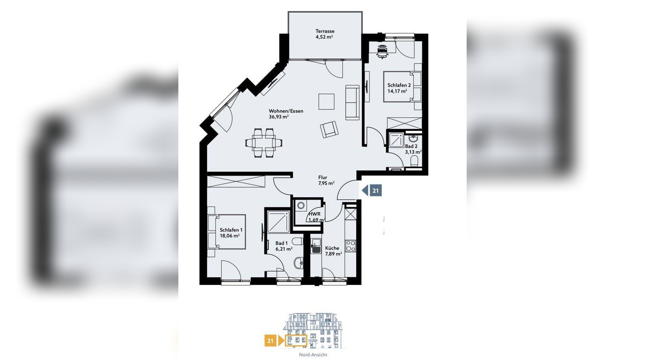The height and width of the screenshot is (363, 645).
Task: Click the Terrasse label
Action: pos(325,31)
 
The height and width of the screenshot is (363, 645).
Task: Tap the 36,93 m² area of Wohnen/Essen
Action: pos(279,117)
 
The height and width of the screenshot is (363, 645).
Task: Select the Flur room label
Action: pos(322,177)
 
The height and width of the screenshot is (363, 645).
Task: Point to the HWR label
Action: pos(314,214)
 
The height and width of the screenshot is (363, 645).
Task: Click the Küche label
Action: pos(332,248)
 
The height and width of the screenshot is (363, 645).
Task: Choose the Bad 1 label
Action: pos(281,243)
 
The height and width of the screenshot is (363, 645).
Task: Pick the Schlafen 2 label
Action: pos(399,85)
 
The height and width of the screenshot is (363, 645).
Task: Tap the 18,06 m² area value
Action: pos(230,236)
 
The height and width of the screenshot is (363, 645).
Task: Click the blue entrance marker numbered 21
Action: pos(372,190)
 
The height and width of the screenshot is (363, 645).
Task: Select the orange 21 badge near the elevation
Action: pos(270,340)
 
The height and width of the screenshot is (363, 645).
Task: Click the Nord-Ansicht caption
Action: pos(313,355)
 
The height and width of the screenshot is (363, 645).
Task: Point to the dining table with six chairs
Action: pos(264,143)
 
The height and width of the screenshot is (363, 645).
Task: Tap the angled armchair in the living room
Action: pos(329,130)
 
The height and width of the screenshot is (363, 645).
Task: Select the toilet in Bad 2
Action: pos(414,161)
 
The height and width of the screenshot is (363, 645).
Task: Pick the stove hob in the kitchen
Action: pos(350,246)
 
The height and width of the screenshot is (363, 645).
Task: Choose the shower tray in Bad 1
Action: pos(279,222)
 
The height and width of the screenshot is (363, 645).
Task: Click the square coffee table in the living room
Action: pos(326,101)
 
